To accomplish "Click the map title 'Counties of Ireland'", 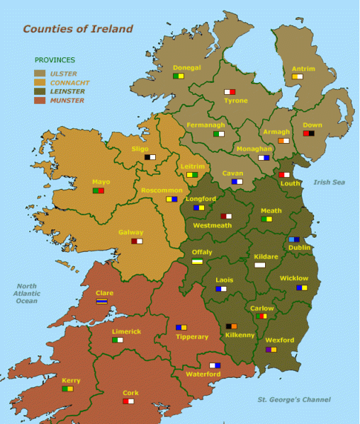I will point(78,29).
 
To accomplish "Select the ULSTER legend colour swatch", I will point(40,73).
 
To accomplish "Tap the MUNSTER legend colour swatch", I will point(40,101).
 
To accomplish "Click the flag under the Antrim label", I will point(297,76).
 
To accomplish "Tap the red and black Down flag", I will point(308,133).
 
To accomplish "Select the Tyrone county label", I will point(236,101).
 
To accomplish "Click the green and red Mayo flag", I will point(99,190).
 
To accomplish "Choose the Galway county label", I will point(131,232).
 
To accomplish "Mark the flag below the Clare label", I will point(102,301).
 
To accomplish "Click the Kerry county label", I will point(71,380).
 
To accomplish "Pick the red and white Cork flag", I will point(128,401).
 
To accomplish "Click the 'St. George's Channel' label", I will point(294,400).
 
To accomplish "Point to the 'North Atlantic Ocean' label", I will point(27,293).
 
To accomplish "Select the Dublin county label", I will point(300,248).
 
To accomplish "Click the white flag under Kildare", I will point(260,265).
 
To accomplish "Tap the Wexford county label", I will point(280,340).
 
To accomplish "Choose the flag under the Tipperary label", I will point(181,328).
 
